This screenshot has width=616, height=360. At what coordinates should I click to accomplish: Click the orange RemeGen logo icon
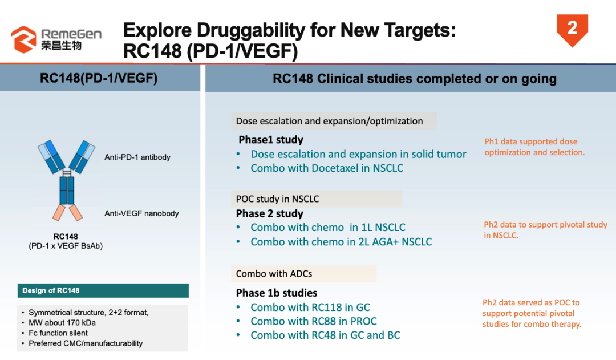23,39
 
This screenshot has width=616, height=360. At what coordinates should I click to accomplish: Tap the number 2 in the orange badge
573,28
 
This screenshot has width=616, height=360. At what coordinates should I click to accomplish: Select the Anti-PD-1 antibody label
137,157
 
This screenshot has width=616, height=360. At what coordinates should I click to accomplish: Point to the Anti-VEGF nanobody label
141,213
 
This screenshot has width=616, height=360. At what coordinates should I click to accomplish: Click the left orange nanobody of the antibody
59,212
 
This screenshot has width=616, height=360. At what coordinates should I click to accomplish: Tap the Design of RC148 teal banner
103,290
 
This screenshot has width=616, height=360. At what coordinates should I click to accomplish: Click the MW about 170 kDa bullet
62,323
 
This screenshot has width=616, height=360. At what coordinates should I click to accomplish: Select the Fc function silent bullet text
58,333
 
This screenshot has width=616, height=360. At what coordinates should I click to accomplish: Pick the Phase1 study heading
271,140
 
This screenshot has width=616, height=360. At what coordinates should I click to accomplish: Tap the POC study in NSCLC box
317,199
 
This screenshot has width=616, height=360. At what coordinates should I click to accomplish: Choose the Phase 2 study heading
269,213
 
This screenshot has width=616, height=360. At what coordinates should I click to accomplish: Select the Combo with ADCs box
303,273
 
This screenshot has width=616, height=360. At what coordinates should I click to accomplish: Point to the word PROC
363,321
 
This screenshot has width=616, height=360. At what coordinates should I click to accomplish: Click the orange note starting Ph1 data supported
534,147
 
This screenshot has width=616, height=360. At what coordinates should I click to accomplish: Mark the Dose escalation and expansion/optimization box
334,121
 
